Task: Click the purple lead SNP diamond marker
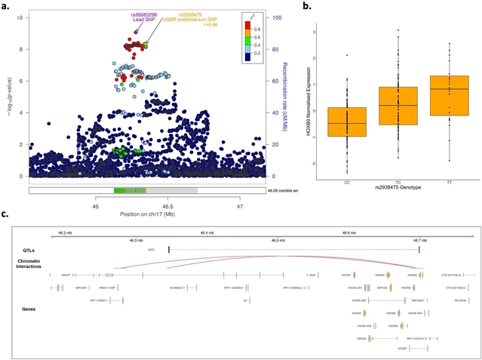137,31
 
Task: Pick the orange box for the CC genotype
348,122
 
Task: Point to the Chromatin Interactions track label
41,263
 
